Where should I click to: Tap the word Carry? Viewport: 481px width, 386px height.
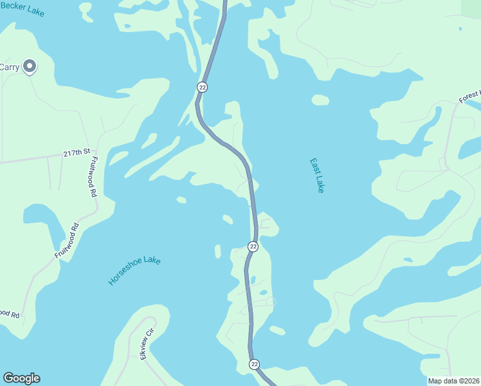(9, 67)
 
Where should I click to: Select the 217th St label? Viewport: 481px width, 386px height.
(76, 153)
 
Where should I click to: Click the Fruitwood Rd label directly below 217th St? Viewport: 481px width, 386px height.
(94, 176)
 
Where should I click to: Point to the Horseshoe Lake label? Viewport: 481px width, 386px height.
(134, 271)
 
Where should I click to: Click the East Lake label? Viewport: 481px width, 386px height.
(316, 176)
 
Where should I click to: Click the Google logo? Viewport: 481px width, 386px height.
(21, 378)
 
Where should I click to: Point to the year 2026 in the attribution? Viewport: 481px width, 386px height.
(471, 381)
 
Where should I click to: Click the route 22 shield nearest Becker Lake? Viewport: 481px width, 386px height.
(202, 87)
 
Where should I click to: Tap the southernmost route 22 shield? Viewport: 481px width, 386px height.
(254, 364)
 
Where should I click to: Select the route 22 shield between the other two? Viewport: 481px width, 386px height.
(253, 246)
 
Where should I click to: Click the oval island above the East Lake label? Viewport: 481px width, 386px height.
(320, 100)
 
